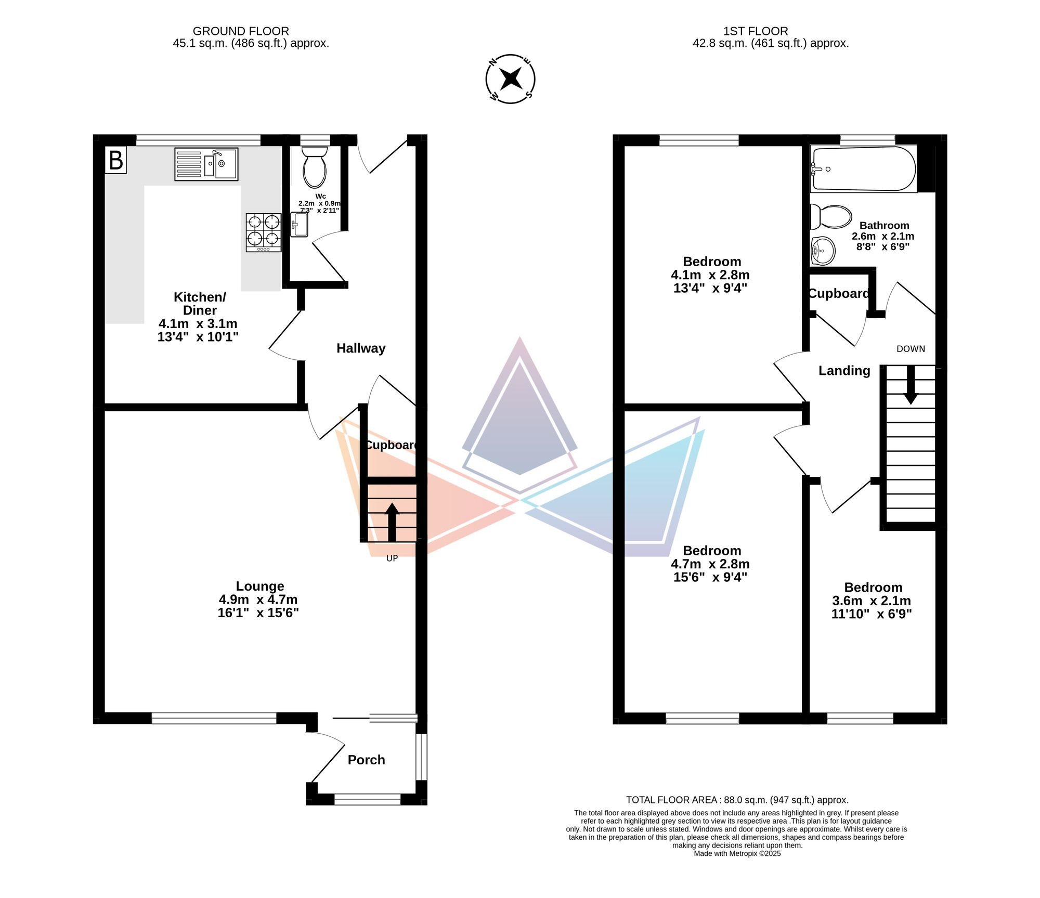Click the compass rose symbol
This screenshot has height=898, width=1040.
(510, 79)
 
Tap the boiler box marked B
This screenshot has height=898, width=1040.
(115, 160)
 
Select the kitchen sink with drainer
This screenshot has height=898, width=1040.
(206, 164)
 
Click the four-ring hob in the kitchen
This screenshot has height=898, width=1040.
(264, 233)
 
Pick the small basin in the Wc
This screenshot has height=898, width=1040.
(299, 225)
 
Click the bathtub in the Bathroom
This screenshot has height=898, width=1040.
(863, 169)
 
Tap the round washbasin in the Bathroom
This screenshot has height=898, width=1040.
(823, 251)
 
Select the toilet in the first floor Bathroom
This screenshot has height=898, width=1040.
(831, 216)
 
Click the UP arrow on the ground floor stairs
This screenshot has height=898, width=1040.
(392, 523)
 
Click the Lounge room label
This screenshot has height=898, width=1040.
(259, 586)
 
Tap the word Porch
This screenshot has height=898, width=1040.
(366, 760)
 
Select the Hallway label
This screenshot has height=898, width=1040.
(361, 348)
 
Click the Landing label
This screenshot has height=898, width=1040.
(844, 371)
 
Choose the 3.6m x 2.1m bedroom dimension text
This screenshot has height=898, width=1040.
(872, 601)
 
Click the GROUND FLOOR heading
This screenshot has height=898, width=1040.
(241, 31)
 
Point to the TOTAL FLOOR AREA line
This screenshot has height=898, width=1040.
(737, 800)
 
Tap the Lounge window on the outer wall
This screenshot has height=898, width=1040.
(214, 718)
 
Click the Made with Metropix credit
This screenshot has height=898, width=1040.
(737, 853)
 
